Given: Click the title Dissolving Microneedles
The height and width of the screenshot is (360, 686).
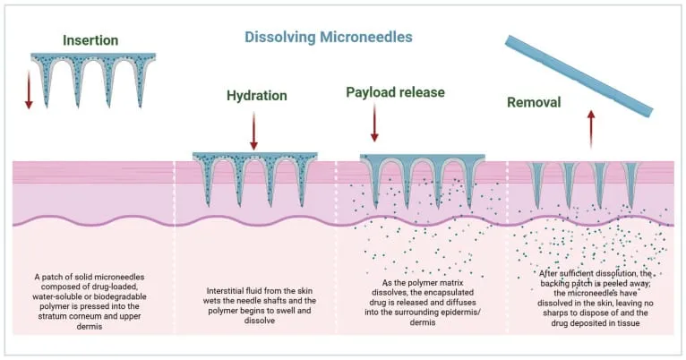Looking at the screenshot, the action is pyautogui.click(x=328, y=38).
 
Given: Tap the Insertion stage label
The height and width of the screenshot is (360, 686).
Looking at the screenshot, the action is pyautogui.click(x=90, y=40).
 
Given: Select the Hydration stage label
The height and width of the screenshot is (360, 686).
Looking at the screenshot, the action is pyautogui.click(x=257, y=96).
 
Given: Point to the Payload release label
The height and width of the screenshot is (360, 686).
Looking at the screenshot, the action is pyautogui.click(x=396, y=92).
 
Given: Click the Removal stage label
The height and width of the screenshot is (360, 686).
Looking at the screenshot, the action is pyautogui.click(x=534, y=102).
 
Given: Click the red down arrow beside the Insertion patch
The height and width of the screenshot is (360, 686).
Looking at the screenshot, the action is pyautogui.click(x=29, y=90).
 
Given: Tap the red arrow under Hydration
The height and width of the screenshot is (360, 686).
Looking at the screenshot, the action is pyautogui.click(x=253, y=131).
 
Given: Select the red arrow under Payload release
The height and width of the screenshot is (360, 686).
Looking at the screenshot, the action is pyautogui.click(x=374, y=123).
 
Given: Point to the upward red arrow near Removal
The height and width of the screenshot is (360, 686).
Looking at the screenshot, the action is pyautogui.click(x=591, y=129).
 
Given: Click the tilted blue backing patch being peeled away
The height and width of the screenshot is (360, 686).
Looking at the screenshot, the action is pyautogui.click(x=579, y=76).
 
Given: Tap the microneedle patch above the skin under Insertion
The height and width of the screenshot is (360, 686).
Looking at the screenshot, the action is pyautogui.click(x=93, y=80).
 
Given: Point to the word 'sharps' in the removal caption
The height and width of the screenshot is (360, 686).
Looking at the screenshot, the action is pyautogui.click(x=555, y=313).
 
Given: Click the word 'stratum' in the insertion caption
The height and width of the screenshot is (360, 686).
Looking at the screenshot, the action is pyautogui.click(x=51, y=316).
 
